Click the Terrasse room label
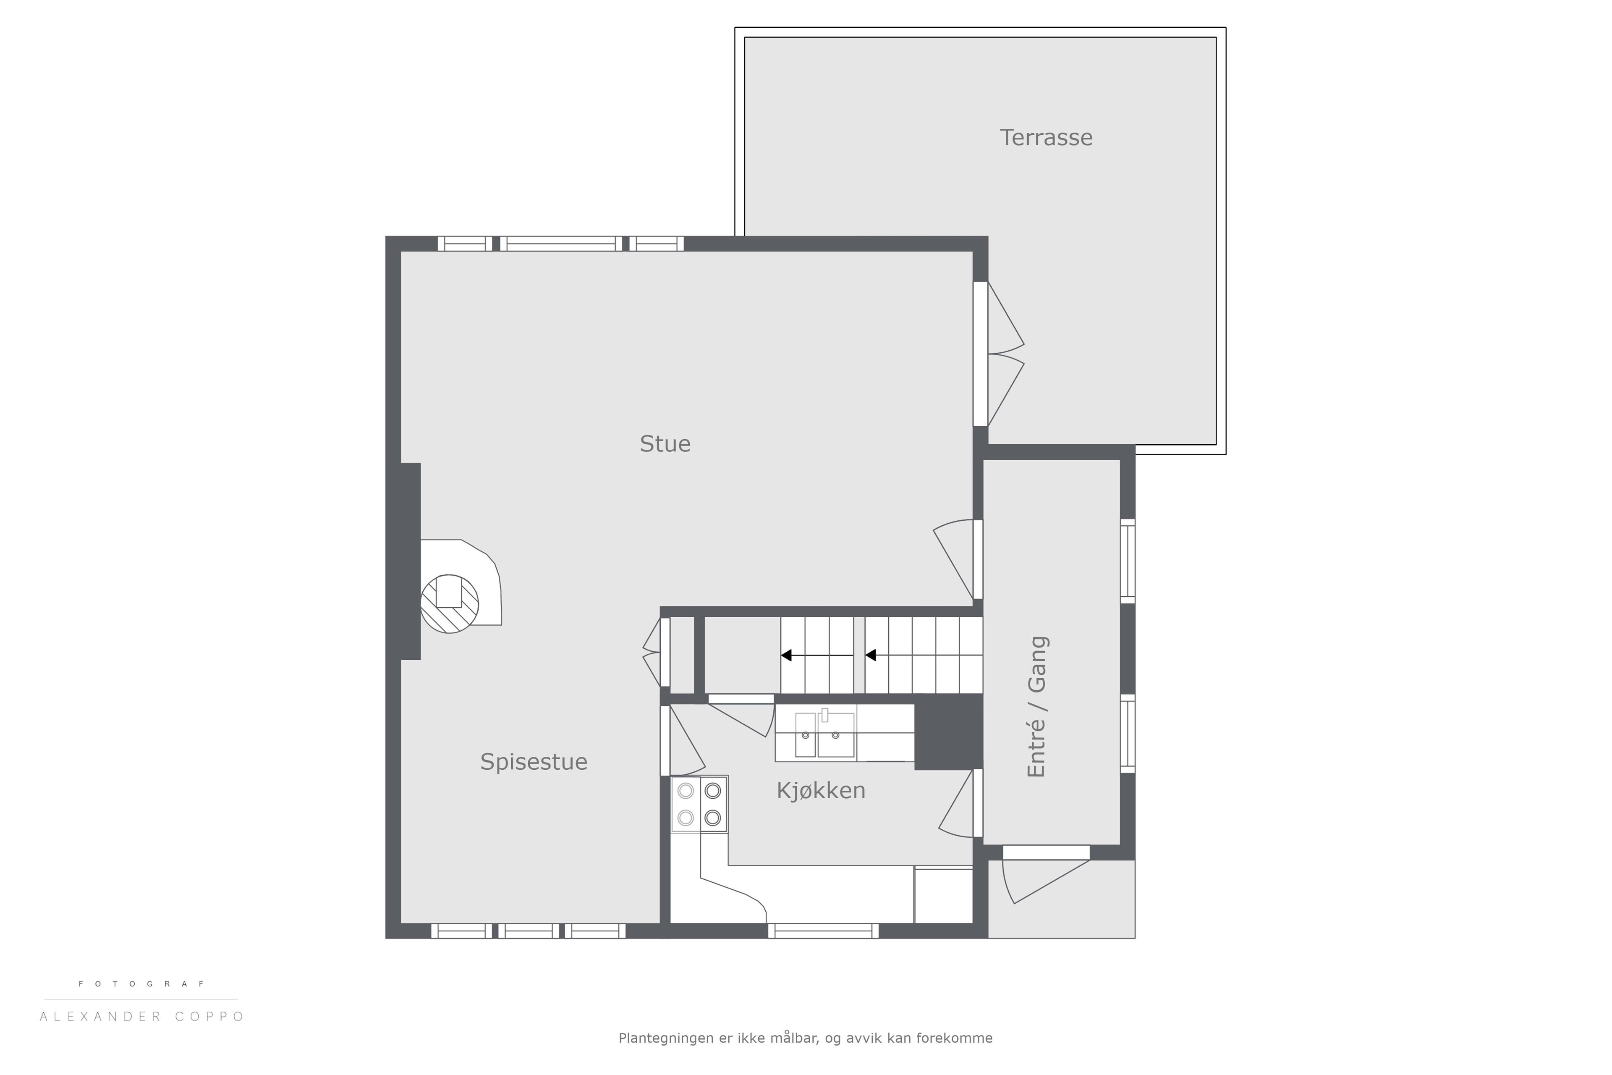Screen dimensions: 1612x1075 pos(1046,137)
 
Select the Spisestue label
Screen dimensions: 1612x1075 pos(534,763)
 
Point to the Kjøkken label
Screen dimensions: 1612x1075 pos(821,791)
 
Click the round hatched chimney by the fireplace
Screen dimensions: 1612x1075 pos(450,603)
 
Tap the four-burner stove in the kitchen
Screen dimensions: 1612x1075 pos(699,804)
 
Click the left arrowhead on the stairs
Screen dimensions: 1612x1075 pos(786,655)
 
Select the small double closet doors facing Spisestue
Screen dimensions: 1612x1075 pos(656,652)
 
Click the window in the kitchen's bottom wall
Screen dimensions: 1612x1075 pos(823,931)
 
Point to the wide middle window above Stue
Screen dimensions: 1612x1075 pos(561,244)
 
